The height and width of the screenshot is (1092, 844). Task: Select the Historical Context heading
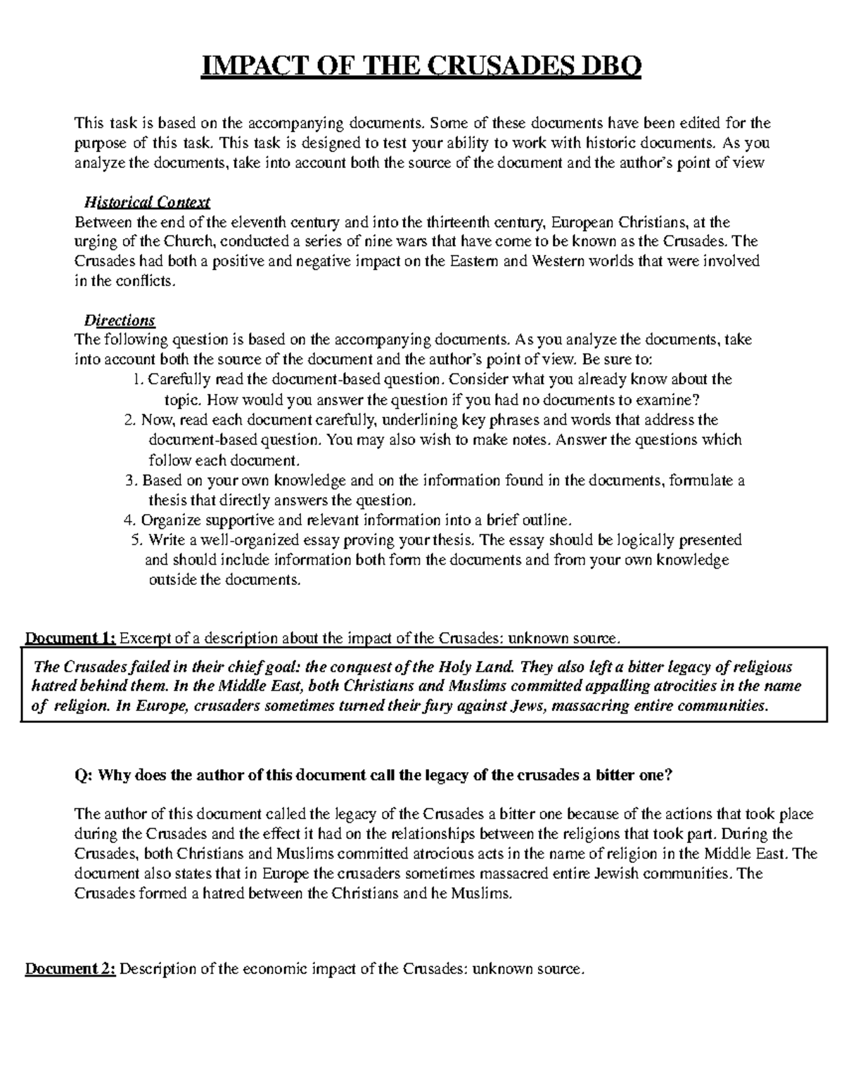pyautogui.click(x=147, y=203)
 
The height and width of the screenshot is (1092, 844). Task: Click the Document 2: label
pyautogui.click(x=70, y=970)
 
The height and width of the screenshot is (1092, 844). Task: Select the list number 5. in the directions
pyautogui.click(x=136, y=540)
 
